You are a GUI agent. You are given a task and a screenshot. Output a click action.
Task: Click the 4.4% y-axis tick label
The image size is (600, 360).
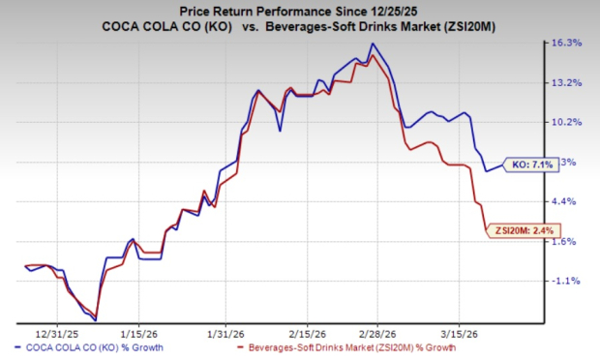[568, 201]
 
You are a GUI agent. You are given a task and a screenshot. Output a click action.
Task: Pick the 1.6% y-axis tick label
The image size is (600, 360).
[568, 241]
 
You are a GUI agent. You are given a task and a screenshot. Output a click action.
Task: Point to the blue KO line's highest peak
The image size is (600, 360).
[374, 44]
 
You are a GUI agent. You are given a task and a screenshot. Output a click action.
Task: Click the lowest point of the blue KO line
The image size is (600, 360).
[96, 318]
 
